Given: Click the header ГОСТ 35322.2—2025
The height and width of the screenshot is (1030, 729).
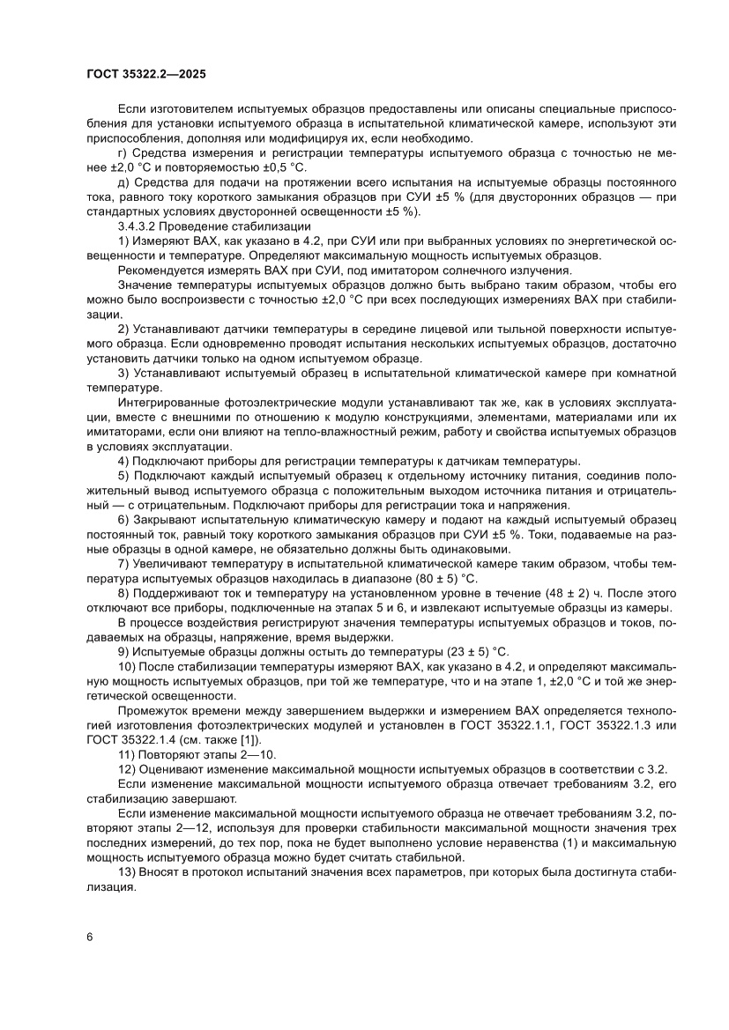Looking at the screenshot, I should (146, 76).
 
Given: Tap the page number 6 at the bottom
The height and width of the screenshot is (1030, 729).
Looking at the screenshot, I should (90, 937).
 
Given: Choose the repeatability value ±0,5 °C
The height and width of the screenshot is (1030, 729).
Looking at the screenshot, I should (269, 167).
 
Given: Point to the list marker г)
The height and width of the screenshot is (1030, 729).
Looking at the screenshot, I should (123, 153).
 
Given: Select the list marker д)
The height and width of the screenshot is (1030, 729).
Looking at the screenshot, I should (123, 182).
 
